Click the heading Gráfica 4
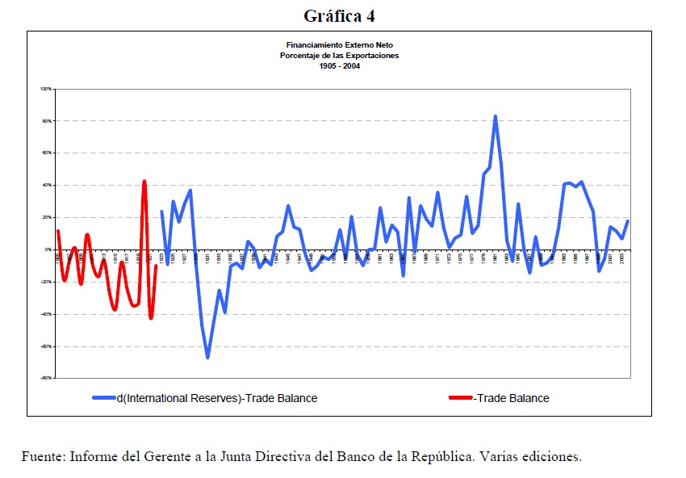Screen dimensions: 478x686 [339, 15]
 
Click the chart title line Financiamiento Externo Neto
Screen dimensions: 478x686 [339, 46]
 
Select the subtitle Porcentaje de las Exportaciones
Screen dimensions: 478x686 [339, 56]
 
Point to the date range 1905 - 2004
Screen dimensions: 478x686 [339, 66]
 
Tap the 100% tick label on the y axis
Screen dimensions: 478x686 [46, 89]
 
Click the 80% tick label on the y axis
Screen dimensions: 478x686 [47, 121]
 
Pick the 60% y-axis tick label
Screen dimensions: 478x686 [47, 153]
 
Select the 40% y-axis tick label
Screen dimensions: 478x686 [47, 186]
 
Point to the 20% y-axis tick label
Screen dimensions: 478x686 [47, 218]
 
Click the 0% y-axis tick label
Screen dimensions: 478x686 [48, 250]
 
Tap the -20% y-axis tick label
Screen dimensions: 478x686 [46, 283]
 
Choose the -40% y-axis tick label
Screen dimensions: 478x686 [46, 315]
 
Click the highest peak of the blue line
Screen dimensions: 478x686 [495, 116]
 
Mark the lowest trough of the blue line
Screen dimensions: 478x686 [207, 357]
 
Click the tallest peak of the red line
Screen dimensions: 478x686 [144, 182]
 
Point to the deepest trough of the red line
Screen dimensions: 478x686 [151, 318]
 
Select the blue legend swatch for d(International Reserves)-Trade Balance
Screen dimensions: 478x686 [104, 398]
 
